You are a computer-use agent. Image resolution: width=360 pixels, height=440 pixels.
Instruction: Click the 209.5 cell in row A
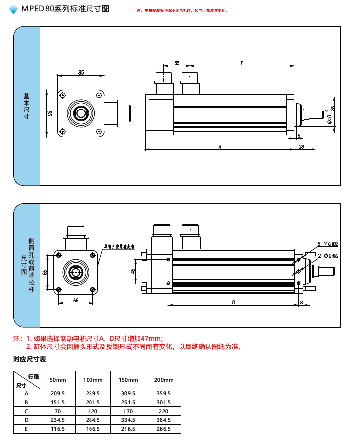58,393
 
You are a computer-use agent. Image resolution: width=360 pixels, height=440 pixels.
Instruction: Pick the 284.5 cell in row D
92,420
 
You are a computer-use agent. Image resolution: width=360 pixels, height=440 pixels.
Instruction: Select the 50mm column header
58,380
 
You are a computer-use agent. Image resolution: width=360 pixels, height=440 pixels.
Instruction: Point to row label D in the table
26,420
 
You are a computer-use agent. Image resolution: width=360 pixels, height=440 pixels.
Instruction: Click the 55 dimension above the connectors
177,64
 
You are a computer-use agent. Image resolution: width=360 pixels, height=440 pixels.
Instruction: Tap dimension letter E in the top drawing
242,64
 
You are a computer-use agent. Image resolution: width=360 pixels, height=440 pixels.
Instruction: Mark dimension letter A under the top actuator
219,146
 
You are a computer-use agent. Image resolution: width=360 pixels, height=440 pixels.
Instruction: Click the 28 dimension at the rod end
301,146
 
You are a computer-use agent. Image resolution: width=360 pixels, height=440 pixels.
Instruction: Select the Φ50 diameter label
329,118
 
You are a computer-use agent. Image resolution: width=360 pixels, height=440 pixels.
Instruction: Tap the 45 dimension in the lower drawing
133,271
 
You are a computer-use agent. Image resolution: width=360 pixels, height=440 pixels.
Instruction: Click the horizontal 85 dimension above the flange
81,73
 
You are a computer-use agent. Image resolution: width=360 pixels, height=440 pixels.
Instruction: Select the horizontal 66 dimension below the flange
76,300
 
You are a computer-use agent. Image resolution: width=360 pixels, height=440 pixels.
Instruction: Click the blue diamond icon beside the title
13,9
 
